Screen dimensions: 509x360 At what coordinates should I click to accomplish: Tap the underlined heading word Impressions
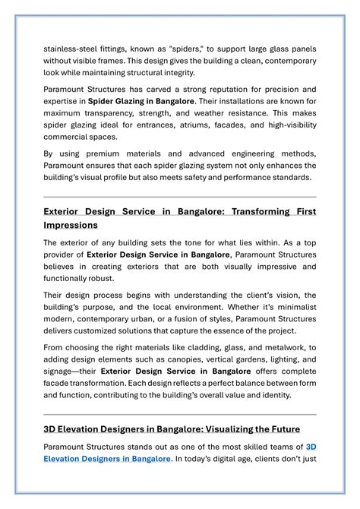71,226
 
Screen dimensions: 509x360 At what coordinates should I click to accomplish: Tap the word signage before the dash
62,371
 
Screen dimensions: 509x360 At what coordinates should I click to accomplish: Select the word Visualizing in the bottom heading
219,429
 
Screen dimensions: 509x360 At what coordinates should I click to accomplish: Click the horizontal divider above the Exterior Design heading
180,198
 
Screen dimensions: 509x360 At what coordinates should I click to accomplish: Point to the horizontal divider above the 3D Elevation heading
180,415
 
